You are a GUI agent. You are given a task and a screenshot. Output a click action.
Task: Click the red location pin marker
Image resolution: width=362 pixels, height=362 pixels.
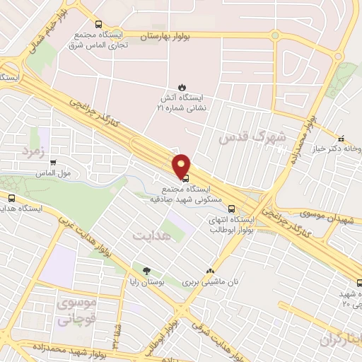click(182, 165)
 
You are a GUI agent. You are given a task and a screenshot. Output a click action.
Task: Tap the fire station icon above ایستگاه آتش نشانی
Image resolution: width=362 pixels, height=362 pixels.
click(182, 88)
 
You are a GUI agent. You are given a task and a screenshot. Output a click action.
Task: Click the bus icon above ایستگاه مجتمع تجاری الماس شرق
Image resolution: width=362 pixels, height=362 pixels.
click(98, 22)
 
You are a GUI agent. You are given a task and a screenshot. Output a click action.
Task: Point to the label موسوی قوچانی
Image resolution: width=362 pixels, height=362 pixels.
click(74, 311)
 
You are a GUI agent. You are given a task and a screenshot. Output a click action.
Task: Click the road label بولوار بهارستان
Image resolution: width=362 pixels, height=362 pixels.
click(168, 35)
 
